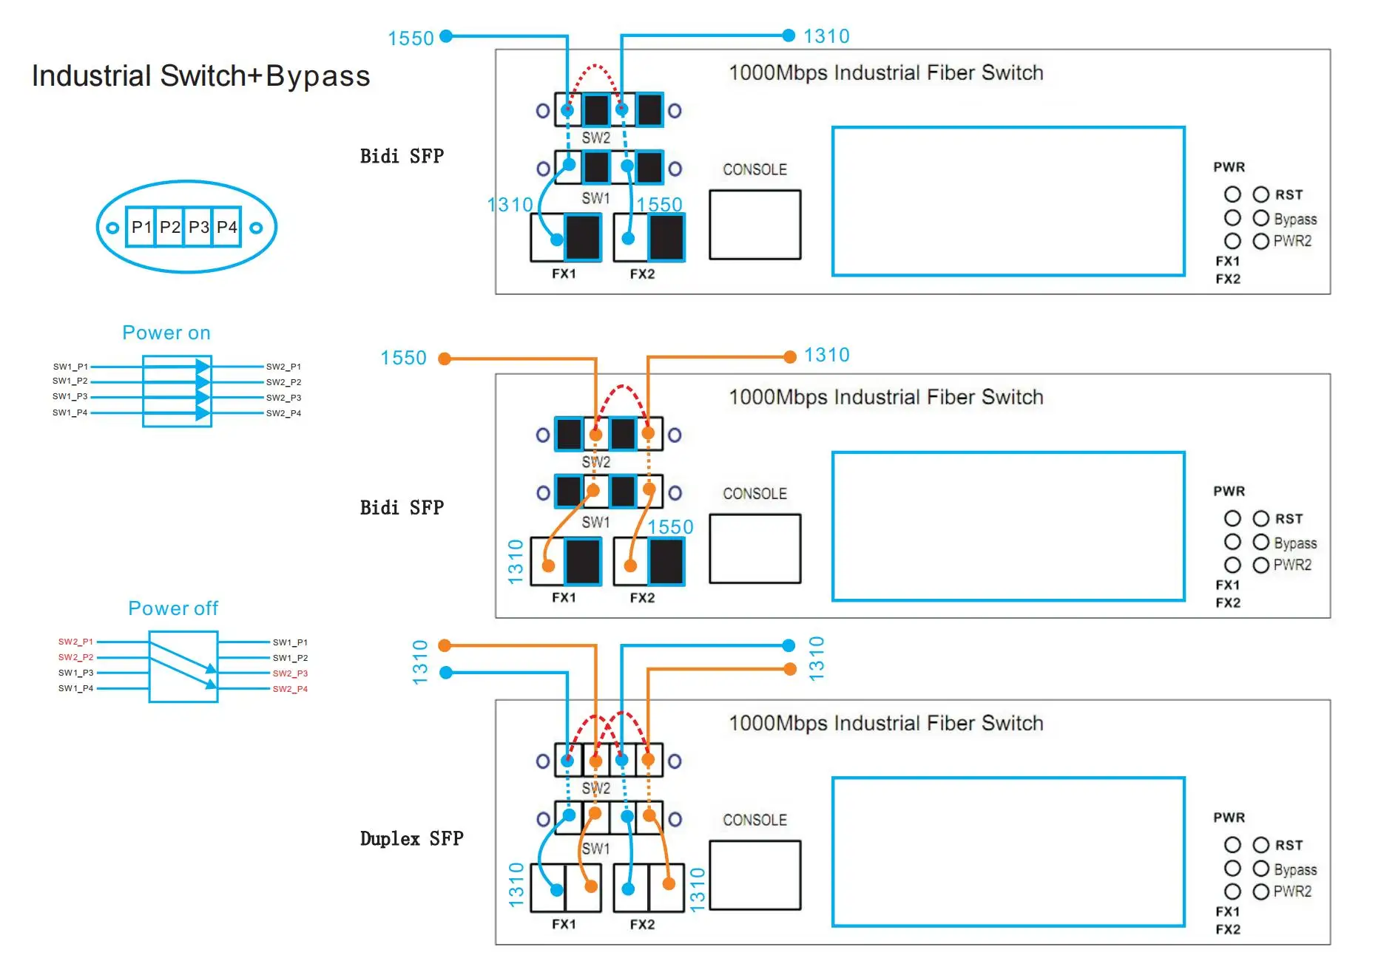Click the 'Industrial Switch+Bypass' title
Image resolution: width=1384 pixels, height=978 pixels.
tap(200, 76)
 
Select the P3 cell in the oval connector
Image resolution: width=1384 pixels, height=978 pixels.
tap(198, 227)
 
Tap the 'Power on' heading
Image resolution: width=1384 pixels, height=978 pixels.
tap(166, 333)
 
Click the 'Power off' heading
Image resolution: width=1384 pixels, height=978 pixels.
tap(173, 608)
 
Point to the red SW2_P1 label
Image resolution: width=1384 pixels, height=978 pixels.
tap(75, 642)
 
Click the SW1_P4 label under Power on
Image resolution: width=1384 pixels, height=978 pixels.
tap(70, 412)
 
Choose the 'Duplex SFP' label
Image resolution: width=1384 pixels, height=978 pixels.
tap(411, 838)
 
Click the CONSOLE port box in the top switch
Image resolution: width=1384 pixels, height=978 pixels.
tap(755, 225)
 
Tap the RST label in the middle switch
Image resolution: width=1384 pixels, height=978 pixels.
tap(1289, 519)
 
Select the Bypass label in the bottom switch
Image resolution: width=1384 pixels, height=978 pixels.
tap(1295, 869)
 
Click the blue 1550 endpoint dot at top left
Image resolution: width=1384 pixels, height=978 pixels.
tap(446, 35)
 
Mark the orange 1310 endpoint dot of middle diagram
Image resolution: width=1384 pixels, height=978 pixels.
tap(790, 357)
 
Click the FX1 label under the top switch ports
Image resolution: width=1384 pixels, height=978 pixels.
tap(564, 274)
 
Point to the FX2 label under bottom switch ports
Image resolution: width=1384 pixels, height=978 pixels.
tap(642, 924)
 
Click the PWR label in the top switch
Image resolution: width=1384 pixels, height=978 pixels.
tap(1229, 167)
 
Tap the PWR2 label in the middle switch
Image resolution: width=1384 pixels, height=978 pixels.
tap(1292, 565)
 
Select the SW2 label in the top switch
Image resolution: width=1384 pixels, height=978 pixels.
tap(595, 138)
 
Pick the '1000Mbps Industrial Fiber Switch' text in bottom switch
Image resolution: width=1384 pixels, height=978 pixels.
tap(885, 723)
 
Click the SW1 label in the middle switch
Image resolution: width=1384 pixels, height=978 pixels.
tap(595, 522)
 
